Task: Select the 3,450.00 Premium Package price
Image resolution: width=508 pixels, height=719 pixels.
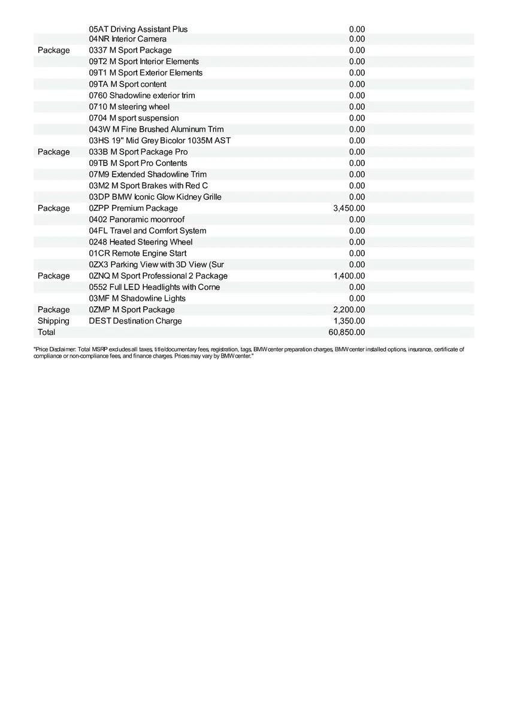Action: (x=349, y=208)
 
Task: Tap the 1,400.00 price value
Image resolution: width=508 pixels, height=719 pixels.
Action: (x=349, y=276)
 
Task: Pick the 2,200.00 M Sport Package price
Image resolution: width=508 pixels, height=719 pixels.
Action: (x=349, y=310)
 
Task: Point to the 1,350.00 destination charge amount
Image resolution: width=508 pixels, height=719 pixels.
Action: (x=349, y=321)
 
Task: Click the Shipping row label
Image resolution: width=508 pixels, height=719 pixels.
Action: (x=53, y=321)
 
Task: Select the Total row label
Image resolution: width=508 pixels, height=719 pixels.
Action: (x=46, y=332)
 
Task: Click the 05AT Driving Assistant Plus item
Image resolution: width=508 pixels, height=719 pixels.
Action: (x=138, y=29)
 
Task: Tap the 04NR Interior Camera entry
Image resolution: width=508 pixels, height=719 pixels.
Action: (x=128, y=39)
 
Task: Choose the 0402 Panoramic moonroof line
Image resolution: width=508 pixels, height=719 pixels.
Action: (x=137, y=219)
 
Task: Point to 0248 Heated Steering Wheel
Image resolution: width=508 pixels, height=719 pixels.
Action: (x=141, y=242)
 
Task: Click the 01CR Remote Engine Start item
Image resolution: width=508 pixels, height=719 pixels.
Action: (x=138, y=253)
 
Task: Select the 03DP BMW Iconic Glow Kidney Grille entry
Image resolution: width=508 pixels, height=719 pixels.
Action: (x=155, y=197)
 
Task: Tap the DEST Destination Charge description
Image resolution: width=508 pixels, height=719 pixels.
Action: (x=135, y=321)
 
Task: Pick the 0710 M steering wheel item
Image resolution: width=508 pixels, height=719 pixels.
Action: (x=129, y=107)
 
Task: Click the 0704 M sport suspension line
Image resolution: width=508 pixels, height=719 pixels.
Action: (x=134, y=118)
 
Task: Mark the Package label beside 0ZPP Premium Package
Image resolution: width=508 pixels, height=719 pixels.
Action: (x=53, y=208)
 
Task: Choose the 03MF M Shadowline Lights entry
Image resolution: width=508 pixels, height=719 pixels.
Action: (x=137, y=298)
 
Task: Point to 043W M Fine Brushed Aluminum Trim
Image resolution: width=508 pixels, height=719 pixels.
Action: (x=156, y=129)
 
